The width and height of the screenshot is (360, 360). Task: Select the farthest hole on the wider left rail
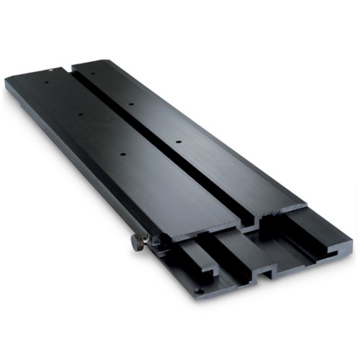47,81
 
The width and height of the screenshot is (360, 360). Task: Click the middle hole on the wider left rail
80,114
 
